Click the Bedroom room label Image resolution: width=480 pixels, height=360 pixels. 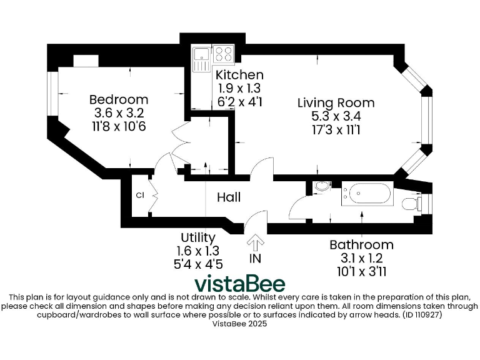[119, 99]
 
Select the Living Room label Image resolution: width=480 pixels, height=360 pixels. [336, 102]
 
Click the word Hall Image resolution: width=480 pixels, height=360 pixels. [229, 197]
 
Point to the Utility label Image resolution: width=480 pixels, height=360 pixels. [198, 237]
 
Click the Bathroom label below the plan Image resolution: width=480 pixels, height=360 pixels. [361, 244]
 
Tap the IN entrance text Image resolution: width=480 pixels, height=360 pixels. [256, 258]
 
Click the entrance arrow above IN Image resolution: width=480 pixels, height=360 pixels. [256, 242]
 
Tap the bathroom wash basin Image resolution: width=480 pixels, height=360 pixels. [321, 186]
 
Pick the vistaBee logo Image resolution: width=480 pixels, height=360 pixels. [239, 284]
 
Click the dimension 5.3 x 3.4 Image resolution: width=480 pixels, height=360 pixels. [336, 116]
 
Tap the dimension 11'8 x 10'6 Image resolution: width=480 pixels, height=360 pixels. [119, 127]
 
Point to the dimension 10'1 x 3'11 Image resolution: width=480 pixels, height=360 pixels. [361, 271]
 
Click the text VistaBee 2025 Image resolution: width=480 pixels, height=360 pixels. [239, 324]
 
